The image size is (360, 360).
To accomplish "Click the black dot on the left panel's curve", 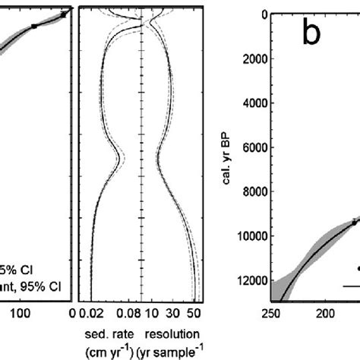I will point(34,26).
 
